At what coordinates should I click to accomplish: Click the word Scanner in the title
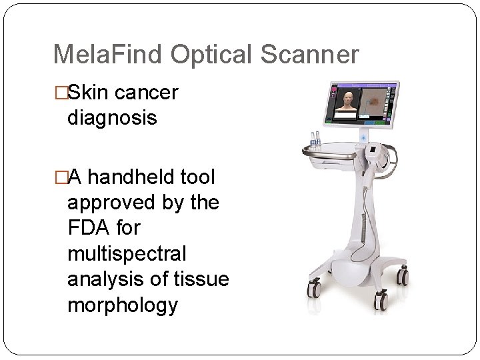(309, 55)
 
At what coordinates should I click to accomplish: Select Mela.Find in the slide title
(108, 55)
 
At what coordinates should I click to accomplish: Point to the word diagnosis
(112, 119)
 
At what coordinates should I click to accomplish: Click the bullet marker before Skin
(61, 93)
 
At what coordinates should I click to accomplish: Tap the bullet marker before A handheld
(61, 177)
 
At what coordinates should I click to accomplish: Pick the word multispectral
(127, 253)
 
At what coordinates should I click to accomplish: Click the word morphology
(123, 305)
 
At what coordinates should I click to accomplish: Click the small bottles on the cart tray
(313, 141)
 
